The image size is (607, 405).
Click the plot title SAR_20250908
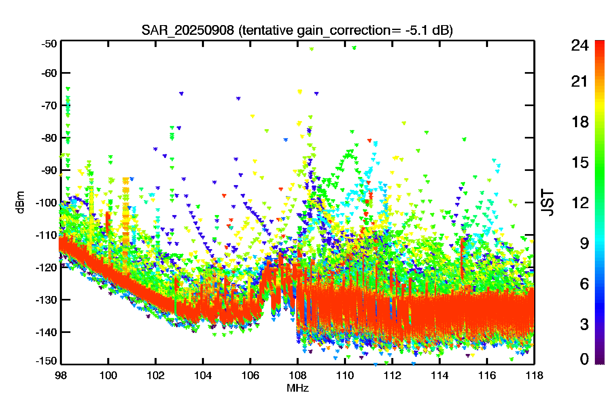click(187, 30)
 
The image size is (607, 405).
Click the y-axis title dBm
click(21, 202)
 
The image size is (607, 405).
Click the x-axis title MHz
click(297, 388)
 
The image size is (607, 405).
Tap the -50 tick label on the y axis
click(49, 44)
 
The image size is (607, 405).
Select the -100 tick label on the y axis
click(47, 202)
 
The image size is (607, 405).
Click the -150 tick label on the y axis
click(47, 361)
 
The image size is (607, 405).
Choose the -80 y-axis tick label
click(49, 138)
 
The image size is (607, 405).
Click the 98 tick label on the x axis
click(61, 376)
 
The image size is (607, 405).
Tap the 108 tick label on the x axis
click(297, 376)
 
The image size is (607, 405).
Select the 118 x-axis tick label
click(535, 376)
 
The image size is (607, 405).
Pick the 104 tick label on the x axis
click(203, 376)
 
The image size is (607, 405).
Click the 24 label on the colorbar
click(580, 45)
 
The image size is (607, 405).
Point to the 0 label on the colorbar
click(584, 359)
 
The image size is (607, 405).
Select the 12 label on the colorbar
click(580, 202)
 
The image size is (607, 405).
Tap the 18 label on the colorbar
click(580, 122)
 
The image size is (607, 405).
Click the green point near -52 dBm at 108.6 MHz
click(312, 49)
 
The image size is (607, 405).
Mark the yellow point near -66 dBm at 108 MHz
click(300, 92)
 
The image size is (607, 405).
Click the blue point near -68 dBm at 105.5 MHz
click(238, 98)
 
